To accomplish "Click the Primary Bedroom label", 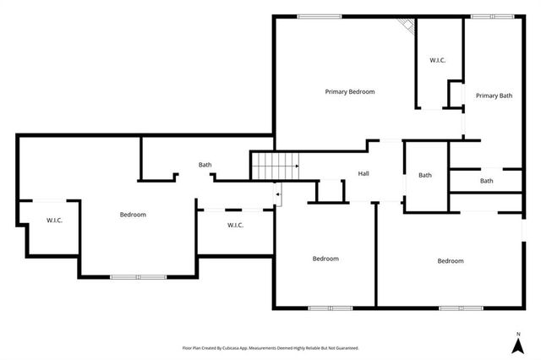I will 350,91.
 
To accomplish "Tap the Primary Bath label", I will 494,95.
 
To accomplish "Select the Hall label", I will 363,173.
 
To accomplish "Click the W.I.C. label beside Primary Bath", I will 438,60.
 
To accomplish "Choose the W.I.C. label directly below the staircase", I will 235,225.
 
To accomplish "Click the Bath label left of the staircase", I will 205,165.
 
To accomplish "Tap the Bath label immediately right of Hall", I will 425,175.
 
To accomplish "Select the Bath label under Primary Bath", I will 487,181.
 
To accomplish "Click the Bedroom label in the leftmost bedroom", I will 133,215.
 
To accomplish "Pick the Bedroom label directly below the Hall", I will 325,259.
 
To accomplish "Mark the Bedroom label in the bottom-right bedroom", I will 450,260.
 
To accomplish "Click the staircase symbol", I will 276,166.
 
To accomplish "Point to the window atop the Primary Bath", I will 492,15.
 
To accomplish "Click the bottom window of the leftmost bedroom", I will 139,276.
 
